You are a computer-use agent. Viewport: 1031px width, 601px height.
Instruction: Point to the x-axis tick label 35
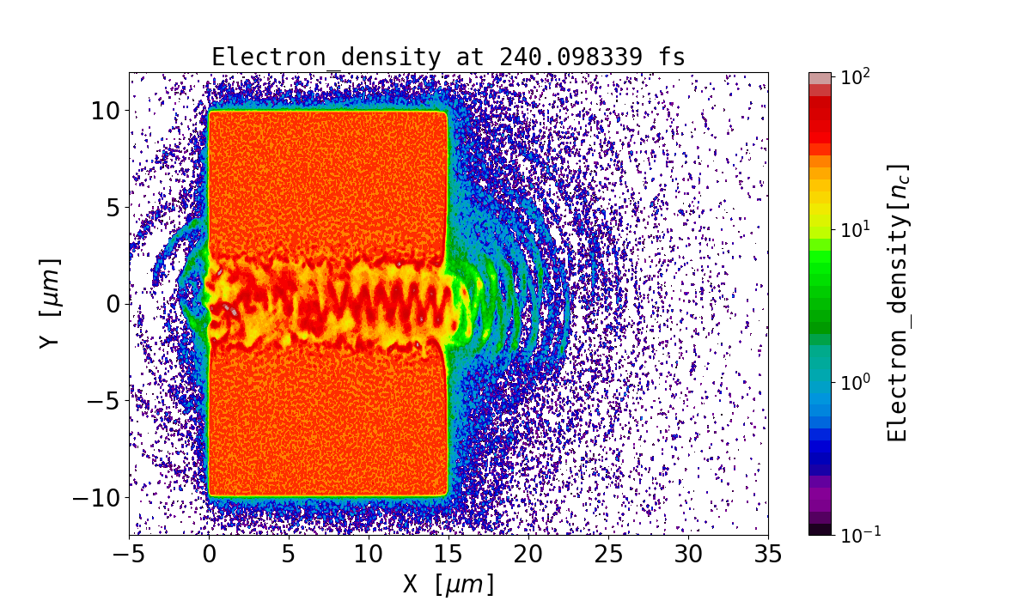[x=767, y=555]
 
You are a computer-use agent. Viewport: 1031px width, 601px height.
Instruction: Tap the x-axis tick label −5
[x=129, y=555]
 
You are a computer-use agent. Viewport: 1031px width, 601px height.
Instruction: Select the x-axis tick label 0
[x=209, y=555]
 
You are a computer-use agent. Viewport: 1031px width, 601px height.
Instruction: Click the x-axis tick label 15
[x=448, y=555]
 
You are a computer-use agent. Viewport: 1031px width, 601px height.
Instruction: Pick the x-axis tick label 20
[x=528, y=555]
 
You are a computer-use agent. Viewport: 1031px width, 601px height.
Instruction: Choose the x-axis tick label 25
[x=608, y=555]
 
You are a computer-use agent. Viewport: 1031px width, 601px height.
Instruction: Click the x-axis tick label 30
[x=688, y=555]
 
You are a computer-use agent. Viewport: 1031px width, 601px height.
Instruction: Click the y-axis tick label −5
[x=101, y=401]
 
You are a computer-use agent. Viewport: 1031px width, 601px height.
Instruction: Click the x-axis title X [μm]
[x=448, y=585]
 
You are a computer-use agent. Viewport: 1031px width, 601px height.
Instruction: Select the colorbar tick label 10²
[x=856, y=76]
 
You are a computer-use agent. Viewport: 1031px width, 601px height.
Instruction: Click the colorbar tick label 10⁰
[x=856, y=382]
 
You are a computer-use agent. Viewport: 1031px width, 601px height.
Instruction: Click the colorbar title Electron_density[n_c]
[x=899, y=303]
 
